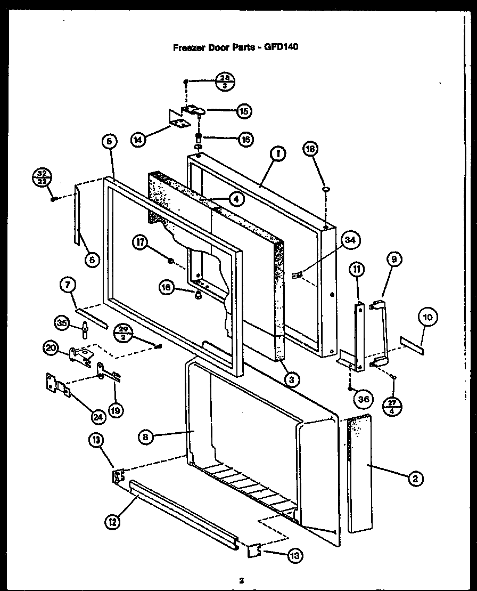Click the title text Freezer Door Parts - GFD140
pos(235,46)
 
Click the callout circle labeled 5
pos(109,142)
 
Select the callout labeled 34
pos(349,240)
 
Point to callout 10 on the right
pos(429,319)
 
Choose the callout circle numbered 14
pos(138,140)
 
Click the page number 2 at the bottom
pos(241,580)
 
